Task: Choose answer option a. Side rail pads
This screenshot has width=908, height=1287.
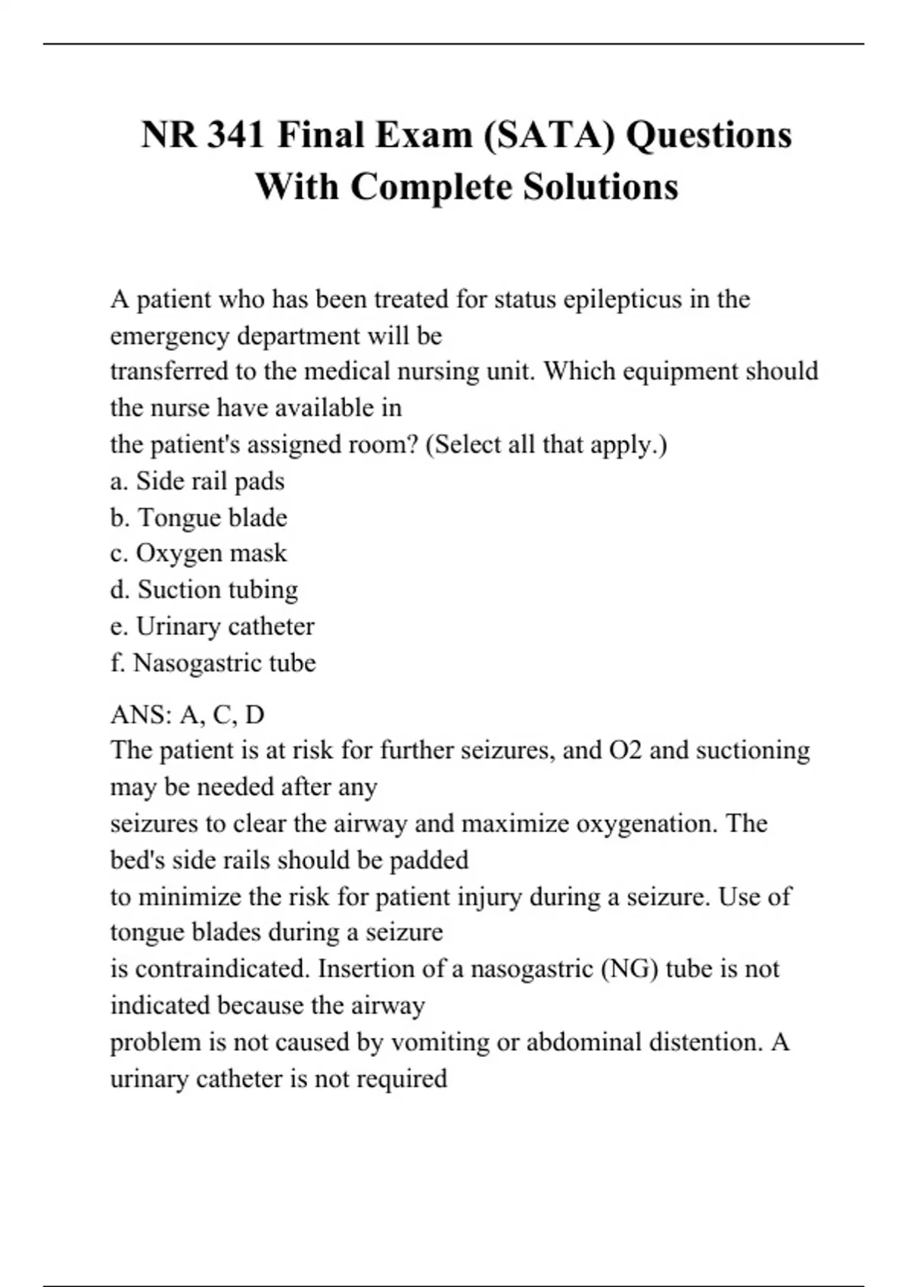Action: pos(197,481)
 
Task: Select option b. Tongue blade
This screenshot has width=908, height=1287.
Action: pos(199,517)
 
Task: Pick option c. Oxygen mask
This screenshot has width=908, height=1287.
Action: pos(198,553)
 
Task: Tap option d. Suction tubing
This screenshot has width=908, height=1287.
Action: pos(204,590)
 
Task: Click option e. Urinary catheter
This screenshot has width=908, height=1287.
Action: pos(212,626)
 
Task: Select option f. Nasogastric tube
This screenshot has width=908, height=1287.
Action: pos(213,662)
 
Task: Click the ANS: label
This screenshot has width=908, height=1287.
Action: pos(141,714)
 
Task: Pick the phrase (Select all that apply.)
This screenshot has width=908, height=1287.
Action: pos(546,444)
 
